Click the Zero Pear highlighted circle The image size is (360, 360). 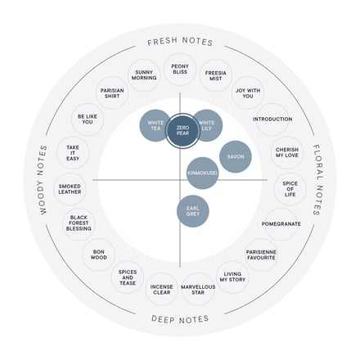click(x=182, y=130)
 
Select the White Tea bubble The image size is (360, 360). click(x=155, y=125)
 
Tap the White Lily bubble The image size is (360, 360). click(x=207, y=125)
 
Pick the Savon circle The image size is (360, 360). click(x=236, y=157)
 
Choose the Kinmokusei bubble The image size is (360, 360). click(x=202, y=173)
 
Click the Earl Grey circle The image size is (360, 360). click(x=193, y=211)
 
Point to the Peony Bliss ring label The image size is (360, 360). click(x=180, y=70)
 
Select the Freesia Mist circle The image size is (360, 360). click(x=216, y=75)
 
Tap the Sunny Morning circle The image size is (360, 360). click(x=144, y=75)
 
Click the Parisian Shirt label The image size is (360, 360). click(x=112, y=93)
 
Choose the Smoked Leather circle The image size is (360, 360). click(x=70, y=189)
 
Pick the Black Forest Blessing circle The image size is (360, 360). click(x=79, y=223)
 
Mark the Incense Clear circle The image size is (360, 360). click(x=162, y=290)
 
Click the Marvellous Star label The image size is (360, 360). click(x=198, y=290)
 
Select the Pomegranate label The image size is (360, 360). click(x=281, y=224)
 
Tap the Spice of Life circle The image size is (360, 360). click(x=290, y=189)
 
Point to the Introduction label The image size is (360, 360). click(x=272, y=119)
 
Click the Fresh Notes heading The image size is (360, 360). click(x=180, y=42)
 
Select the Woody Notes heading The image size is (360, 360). click(x=43, y=180)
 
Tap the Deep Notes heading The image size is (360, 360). click(x=180, y=319)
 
